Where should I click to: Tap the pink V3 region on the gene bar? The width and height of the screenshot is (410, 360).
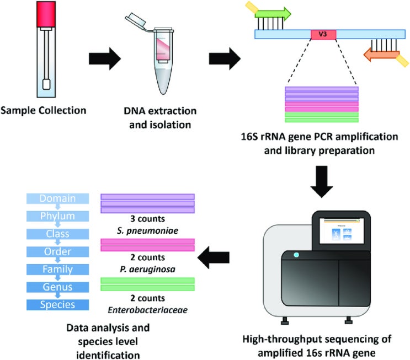pos(323,34)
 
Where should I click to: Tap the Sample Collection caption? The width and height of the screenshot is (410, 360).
pos(44,110)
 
